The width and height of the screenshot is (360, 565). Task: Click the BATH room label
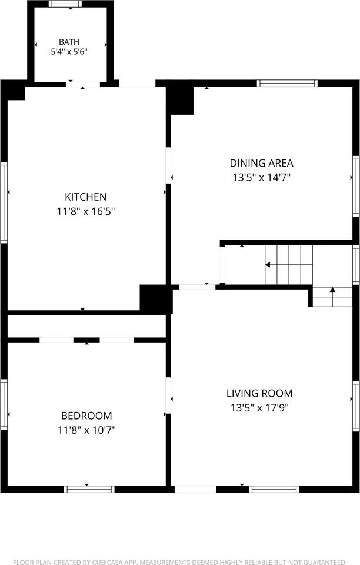[69, 42]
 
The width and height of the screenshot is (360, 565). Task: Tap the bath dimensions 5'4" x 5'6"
[69, 52]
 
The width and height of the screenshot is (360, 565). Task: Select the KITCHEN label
[86, 197]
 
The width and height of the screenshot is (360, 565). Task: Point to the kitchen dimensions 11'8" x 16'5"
[86, 211]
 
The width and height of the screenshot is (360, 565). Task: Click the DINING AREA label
[262, 163]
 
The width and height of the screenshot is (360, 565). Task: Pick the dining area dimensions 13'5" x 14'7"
[262, 178]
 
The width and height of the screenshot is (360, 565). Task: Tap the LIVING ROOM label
[259, 394]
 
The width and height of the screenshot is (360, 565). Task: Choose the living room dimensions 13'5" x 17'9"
[259, 408]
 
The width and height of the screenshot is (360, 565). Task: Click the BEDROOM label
[86, 416]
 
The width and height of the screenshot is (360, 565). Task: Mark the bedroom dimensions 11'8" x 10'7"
[86, 430]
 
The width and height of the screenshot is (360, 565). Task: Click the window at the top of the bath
[65, 4]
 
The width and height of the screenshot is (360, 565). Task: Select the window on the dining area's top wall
[287, 84]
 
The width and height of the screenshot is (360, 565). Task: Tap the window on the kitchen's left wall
[4, 202]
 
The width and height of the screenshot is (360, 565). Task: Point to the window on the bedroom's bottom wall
[89, 489]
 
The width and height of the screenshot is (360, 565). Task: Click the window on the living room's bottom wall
[274, 489]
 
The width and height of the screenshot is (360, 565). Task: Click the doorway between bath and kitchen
[83, 84]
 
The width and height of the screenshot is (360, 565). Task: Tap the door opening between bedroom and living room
[168, 395]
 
